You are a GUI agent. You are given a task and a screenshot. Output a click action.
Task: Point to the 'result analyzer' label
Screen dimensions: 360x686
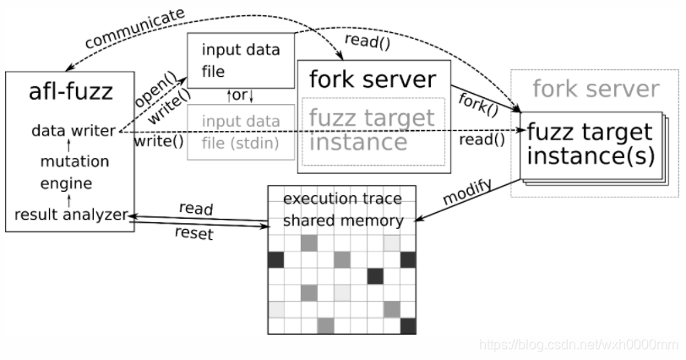point(70,215)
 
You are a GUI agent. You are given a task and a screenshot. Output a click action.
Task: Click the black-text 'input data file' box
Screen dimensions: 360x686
point(241,59)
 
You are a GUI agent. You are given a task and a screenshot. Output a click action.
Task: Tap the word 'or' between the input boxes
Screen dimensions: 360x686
point(240,95)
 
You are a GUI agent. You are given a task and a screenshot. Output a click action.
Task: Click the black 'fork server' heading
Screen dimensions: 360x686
point(372,80)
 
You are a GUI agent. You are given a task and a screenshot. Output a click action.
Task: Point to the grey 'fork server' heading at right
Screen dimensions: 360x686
point(596,89)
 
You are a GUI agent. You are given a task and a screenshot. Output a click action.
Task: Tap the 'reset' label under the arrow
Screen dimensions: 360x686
point(193,233)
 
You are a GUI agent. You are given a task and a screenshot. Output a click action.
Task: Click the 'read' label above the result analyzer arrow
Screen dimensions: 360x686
point(196,208)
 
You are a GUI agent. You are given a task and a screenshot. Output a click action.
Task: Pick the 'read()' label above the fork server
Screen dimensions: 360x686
point(362,40)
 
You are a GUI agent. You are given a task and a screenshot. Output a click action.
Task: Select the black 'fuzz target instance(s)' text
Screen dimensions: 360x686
point(590,145)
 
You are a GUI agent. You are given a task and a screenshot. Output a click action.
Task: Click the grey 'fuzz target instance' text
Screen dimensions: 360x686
point(371,129)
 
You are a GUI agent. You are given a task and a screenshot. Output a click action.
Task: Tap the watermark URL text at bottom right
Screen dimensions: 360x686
point(579,345)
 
